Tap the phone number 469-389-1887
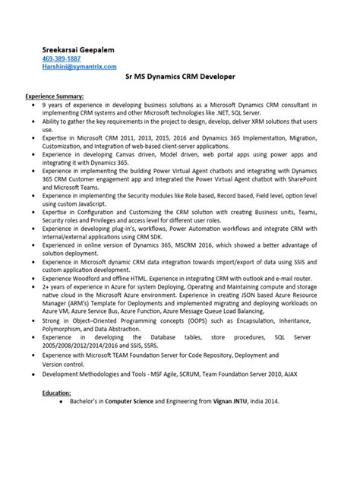coord(62,58)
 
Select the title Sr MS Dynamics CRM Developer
coord(179,77)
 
